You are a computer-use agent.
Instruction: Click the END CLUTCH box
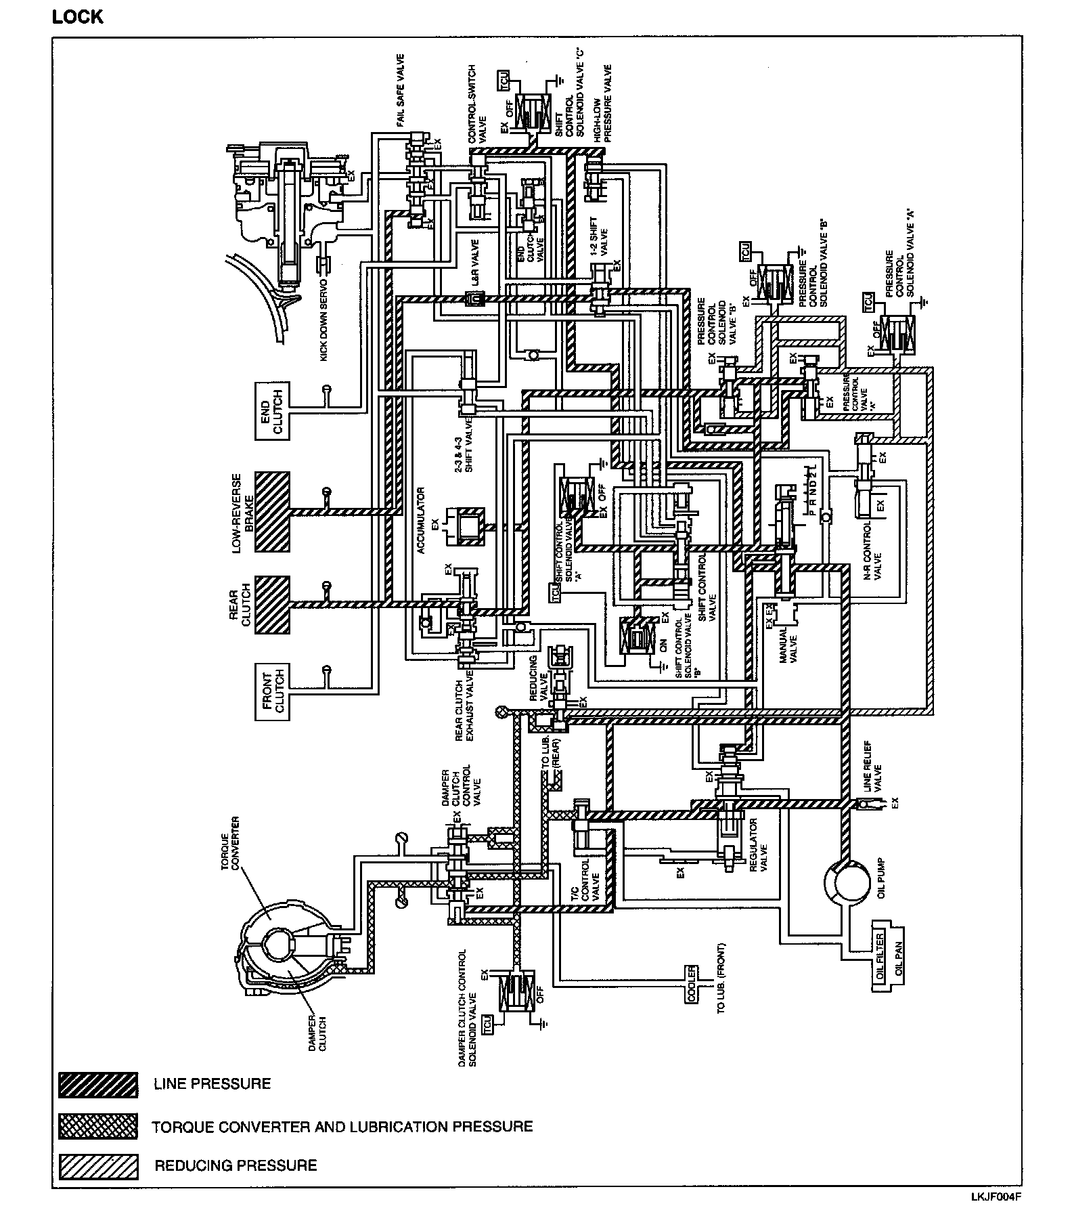pyautogui.click(x=273, y=411)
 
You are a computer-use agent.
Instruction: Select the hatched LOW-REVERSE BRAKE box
pyautogui.click(x=273, y=512)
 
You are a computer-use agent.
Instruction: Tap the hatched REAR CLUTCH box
pyautogui.click(x=273, y=605)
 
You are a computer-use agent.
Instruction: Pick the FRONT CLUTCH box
pyautogui.click(x=273, y=692)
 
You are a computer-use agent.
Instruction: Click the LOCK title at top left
pyautogui.click(x=78, y=17)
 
